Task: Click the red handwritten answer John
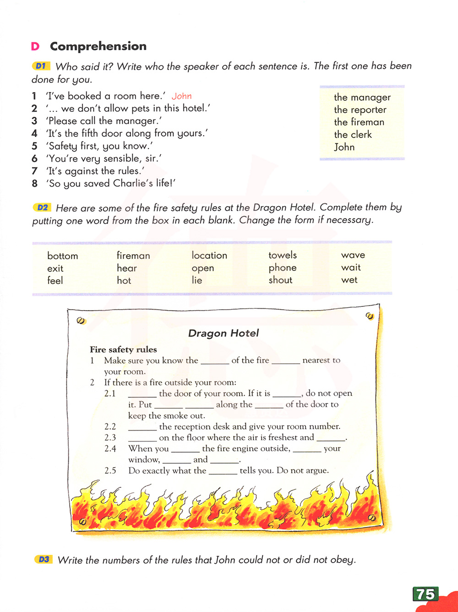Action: click(182, 96)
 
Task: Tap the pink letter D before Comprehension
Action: click(35, 47)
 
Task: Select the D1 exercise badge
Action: click(41, 66)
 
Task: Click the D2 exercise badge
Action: click(42, 208)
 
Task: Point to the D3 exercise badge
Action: click(44, 559)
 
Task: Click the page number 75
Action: click(425, 594)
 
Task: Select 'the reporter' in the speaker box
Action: click(360, 110)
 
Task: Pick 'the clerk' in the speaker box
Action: click(353, 135)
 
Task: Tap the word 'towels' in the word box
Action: click(283, 255)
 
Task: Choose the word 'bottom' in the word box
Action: click(63, 256)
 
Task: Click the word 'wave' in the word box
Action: click(353, 255)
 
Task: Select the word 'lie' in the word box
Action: click(197, 280)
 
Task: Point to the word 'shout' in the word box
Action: click(280, 280)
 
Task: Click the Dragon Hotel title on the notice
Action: click(224, 333)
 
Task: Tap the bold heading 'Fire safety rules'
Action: click(123, 350)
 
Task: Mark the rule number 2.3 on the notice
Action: click(110, 437)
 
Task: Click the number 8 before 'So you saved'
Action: click(34, 184)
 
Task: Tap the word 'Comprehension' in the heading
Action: click(98, 46)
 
